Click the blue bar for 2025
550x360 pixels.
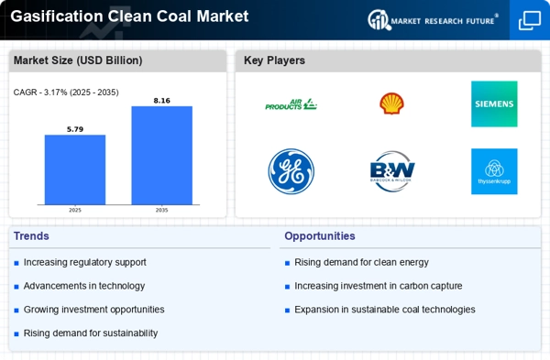(75, 169)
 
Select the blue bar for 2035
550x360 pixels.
(161, 156)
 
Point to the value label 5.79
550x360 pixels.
(75, 129)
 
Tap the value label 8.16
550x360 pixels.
(161, 101)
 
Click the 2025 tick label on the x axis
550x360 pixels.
(75, 211)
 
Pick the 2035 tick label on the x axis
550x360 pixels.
(161, 211)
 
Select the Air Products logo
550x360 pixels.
(291, 104)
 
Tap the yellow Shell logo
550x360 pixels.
(391, 104)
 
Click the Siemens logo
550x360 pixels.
(494, 104)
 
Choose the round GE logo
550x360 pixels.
(291, 171)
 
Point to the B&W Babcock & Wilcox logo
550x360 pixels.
(392, 171)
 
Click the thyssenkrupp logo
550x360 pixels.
(494, 171)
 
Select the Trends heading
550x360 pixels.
(31, 236)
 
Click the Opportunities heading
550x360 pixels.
(320, 236)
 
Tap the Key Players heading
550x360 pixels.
(274, 60)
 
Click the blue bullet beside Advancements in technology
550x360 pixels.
(16, 287)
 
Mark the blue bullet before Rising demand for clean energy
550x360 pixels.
(287, 263)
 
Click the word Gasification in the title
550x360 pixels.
(56, 16)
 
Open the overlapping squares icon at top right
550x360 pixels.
(530, 20)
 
